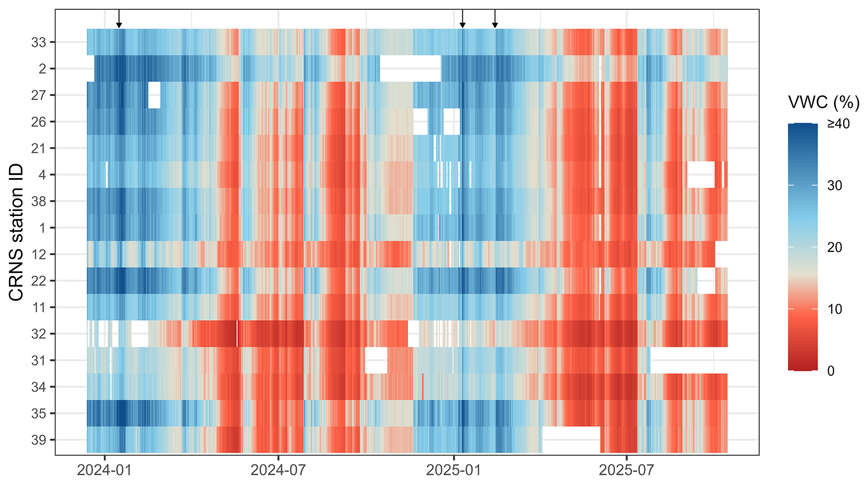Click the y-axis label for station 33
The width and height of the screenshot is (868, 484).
(39, 43)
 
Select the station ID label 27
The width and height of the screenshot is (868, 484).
(39, 95)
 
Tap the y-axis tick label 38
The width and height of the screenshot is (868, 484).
(39, 201)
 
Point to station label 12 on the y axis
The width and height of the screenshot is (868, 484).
(39, 254)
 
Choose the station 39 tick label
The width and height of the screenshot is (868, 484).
(39, 440)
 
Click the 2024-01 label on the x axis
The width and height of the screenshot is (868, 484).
(105, 470)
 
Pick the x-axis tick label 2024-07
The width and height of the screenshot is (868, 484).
(278, 470)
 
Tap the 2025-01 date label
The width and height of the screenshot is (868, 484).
(453, 470)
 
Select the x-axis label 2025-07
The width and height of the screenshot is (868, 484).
(627, 470)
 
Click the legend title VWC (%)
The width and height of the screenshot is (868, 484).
(823, 102)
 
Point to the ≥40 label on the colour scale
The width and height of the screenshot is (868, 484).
(838, 123)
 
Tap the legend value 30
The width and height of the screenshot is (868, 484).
(835, 185)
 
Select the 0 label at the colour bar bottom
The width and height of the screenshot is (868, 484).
(831, 371)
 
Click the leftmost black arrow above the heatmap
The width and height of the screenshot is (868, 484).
(119, 19)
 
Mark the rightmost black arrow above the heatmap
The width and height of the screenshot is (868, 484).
(495, 19)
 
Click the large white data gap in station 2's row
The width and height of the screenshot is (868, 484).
(410, 69)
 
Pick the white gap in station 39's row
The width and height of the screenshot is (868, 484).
(571, 439)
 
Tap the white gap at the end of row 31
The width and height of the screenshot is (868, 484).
(689, 360)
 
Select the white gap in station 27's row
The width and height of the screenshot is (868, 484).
(154, 95)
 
